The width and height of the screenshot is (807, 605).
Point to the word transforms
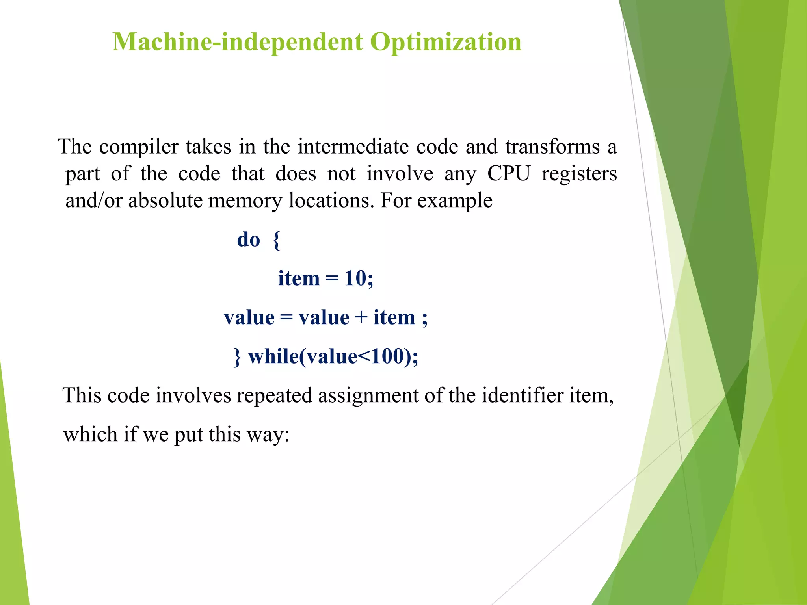click(x=552, y=147)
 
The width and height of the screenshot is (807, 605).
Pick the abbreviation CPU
click(x=509, y=174)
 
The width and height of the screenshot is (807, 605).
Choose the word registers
click(x=579, y=174)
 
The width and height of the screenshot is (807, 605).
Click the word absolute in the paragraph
click(x=165, y=200)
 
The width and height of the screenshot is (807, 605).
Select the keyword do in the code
click(x=249, y=239)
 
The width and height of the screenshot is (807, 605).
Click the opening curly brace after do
click(x=277, y=240)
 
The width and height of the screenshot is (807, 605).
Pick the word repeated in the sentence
click(x=274, y=395)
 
